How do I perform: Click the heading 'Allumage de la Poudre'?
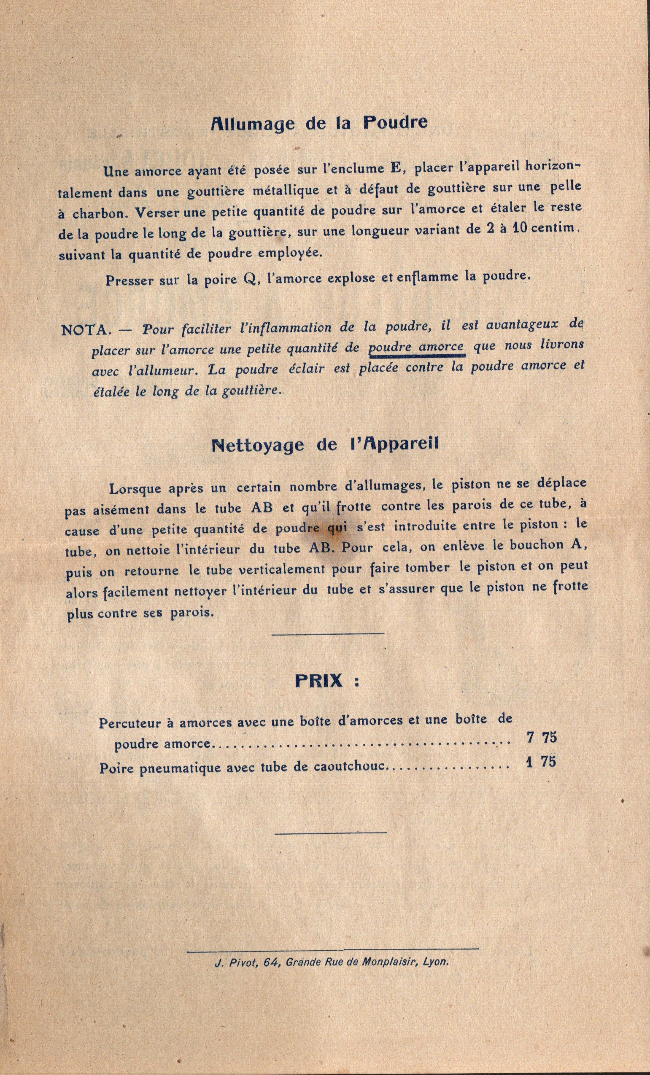click(x=319, y=124)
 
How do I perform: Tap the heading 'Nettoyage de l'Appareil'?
click(x=324, y=445)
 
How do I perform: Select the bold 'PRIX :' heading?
click(x=327, y=681)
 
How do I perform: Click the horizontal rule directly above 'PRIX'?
click(x=328, y=633)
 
